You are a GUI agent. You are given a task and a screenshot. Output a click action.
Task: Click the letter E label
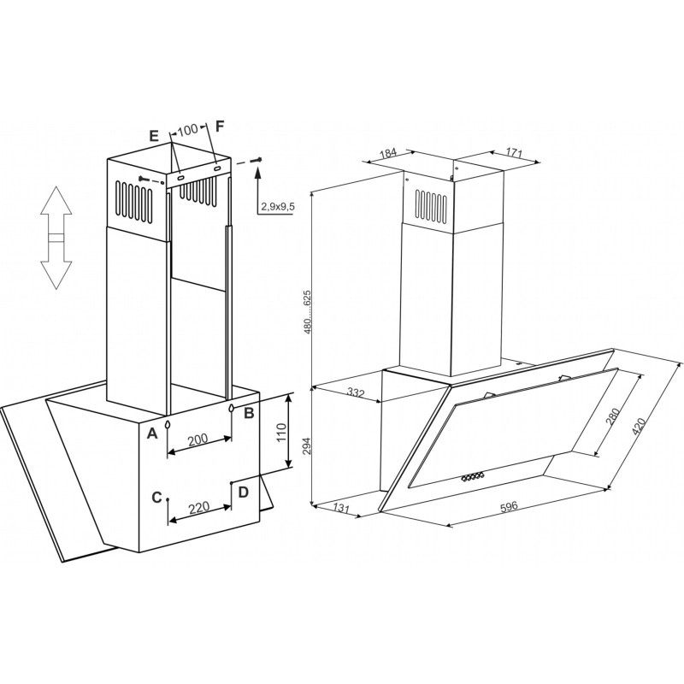154,136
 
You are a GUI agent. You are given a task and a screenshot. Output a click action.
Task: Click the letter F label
220,126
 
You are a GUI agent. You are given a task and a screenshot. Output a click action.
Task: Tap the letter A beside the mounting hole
151,433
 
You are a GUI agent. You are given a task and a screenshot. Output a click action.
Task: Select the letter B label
249,413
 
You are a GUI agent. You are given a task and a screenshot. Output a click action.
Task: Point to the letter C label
157,498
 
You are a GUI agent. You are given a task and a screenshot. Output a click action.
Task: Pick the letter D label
243,492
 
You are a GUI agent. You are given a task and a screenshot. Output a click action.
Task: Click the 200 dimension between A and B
198,439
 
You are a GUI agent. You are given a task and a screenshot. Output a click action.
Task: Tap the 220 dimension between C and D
199,507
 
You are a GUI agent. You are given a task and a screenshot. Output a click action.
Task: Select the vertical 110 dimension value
281,433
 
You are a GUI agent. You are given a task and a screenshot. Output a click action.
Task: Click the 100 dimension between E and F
188,130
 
